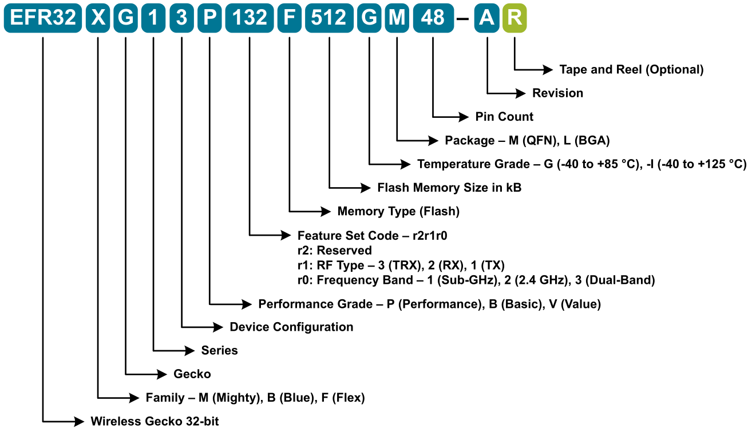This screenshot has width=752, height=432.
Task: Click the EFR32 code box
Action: tap(43, 18)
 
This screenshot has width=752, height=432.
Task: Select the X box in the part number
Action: tap(98, 18)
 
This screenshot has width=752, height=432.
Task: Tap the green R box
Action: tap(514, 18)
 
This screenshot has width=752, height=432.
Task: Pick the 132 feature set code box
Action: tap(250, 18)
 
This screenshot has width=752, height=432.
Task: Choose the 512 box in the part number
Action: tap(329, 18)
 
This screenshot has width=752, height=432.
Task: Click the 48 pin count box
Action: tap(433, 18)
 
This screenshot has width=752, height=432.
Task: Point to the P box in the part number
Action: tap(210, 18)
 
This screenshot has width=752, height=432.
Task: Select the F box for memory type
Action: tap(289, 18)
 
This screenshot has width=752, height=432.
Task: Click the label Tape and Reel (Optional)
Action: tap(631, 70)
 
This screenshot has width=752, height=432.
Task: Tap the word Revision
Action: tap(557, 93)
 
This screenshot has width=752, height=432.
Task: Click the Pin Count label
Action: tap(504, 117)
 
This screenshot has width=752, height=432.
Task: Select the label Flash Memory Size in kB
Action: tap(449, 188)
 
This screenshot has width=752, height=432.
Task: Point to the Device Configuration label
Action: tap(291, 327)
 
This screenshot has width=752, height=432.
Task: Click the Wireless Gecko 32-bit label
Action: tap(155, 422)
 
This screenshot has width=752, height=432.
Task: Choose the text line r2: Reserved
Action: tap(334, 251)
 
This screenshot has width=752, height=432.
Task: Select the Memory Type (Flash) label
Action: tap(398, 211)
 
